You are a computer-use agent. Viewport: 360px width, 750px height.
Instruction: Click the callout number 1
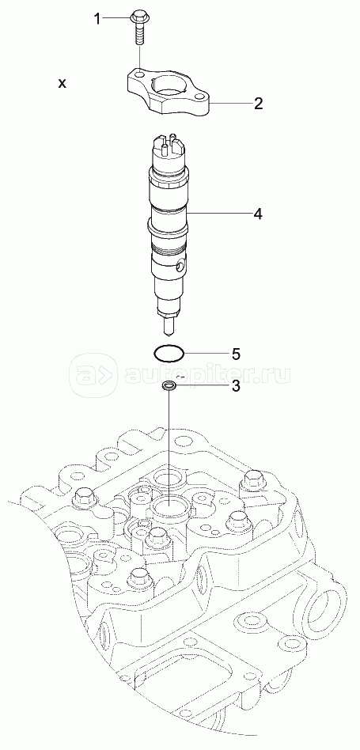97,20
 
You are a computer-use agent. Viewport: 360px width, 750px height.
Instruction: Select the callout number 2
258,103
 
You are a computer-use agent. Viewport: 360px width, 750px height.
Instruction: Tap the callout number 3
235,386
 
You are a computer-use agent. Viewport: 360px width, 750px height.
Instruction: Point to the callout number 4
258,214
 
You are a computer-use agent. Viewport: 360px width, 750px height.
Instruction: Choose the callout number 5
235,354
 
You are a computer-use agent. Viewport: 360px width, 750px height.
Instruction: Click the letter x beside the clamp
63,84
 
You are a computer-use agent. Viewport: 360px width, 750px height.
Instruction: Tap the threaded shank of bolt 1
138,33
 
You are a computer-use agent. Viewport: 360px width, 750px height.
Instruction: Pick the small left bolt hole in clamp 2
138,75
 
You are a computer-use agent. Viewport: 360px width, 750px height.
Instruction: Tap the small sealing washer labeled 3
169,385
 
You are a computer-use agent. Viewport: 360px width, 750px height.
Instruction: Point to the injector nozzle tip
169,328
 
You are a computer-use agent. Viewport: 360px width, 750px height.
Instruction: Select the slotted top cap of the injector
170,145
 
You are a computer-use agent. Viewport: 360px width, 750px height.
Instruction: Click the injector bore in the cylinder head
170,505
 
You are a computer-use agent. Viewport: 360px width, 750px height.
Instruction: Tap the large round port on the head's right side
327,607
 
